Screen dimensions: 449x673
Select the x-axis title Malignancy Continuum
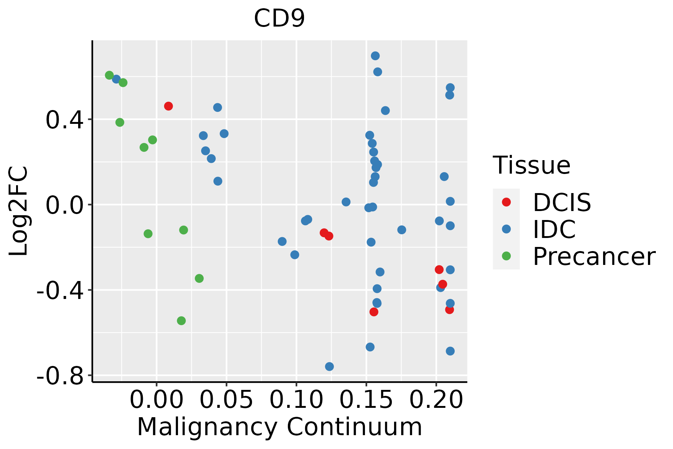click(279, 427)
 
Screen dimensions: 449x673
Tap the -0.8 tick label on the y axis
click(60, 376)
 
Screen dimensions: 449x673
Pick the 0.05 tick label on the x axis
click(226, 400)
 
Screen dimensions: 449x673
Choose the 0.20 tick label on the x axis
click(436, 400)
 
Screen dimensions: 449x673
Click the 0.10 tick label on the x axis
click(296, 400)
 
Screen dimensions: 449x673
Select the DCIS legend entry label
click(562, 202)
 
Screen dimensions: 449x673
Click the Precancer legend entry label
click(594, 256)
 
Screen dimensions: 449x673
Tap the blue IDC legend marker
click(506, 229)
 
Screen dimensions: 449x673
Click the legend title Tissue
click(531, 165)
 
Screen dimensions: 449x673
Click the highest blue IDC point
click(375, 56)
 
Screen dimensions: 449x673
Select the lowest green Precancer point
click(181, 321)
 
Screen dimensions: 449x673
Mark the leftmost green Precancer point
click(109, 75)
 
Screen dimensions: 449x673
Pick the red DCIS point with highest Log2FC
click(169, 106)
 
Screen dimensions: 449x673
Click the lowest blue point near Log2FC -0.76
click(329, 366)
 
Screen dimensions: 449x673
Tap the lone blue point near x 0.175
click(402, 230)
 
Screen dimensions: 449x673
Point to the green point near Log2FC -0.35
click(199, 278)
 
